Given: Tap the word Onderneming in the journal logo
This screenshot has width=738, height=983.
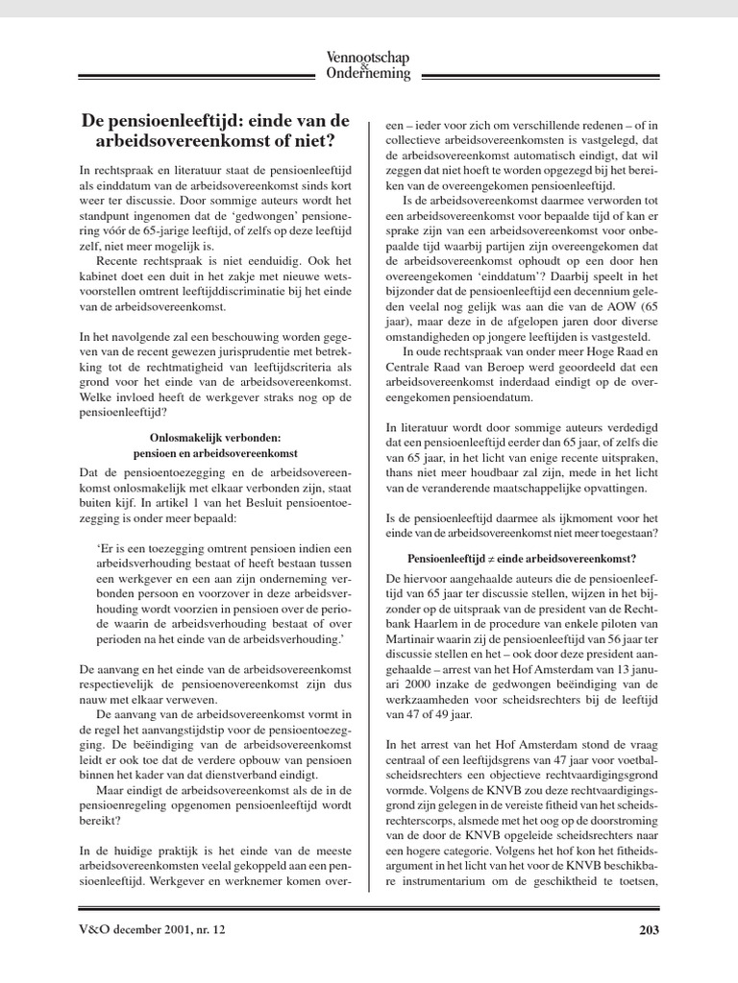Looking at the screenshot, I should pos(369,74).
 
